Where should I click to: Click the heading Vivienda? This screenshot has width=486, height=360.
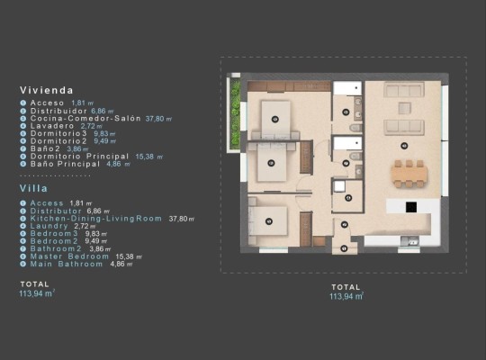tap(47, 90)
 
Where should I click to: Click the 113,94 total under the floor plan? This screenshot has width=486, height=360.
tap(345, 295)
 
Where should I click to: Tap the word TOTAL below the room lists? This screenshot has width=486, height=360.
tap(34, 283)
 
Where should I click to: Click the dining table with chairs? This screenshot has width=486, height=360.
tap(409, 172)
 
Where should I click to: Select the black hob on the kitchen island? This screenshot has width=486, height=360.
tap(410, 206)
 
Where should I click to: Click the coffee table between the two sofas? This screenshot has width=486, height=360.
tap(404, 108)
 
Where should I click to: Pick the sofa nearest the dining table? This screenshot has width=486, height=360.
tap(403, 126)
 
